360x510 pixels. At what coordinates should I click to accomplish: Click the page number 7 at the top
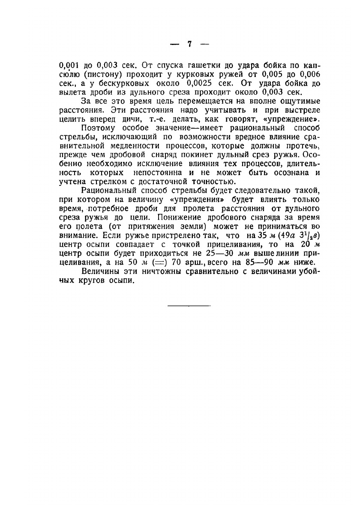[x=189, y=45]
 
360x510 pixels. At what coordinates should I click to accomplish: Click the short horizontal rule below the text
[x=189, y=306]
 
